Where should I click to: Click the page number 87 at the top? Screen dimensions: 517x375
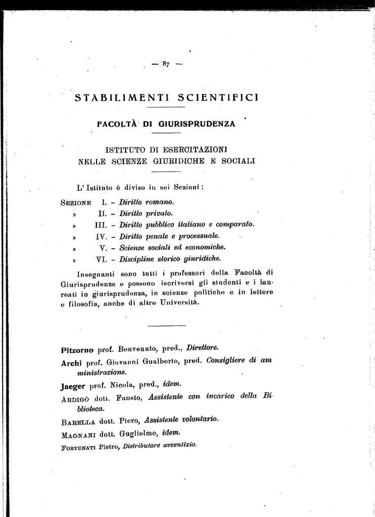166,64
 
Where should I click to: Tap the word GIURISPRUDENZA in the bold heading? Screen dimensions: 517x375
197,124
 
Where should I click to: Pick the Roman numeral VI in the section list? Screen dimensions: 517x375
103,259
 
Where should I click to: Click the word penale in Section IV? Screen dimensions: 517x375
163,236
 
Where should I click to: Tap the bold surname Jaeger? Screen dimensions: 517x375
73,386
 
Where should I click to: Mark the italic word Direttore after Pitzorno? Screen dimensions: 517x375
202,348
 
